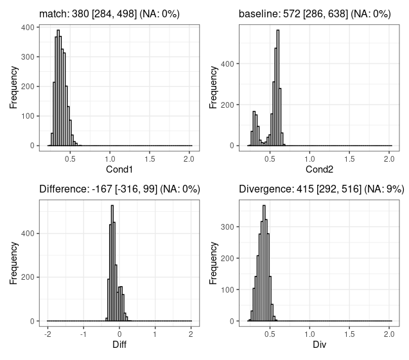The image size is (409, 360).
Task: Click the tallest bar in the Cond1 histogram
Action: point(58,87)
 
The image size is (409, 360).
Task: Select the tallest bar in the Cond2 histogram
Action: point(278,87)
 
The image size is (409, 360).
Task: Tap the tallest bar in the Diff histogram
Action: point(112,263)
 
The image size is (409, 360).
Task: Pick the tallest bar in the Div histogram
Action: point(264,263)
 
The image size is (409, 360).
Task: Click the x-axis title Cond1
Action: point(119,169)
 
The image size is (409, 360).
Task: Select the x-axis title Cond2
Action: point(319,169)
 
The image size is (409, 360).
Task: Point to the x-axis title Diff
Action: point(119,345)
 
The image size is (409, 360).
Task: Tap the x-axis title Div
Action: point(319,345)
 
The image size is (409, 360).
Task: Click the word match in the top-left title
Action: point(53,13)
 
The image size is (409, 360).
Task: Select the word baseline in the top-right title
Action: point(258,13)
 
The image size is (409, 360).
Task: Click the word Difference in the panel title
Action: point(64,189)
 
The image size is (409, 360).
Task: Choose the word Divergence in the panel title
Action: point(266,189)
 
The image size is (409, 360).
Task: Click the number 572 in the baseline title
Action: point(292,13)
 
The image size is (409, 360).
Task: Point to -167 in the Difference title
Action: point(103,189)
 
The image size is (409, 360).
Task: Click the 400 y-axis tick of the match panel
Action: point(28,28)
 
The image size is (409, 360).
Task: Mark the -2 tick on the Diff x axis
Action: point(48,334)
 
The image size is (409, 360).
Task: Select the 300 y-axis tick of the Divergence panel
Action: point(227,227)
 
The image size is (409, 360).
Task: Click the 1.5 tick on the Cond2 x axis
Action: point(349,159)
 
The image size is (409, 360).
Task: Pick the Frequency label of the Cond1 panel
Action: point(13,87)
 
